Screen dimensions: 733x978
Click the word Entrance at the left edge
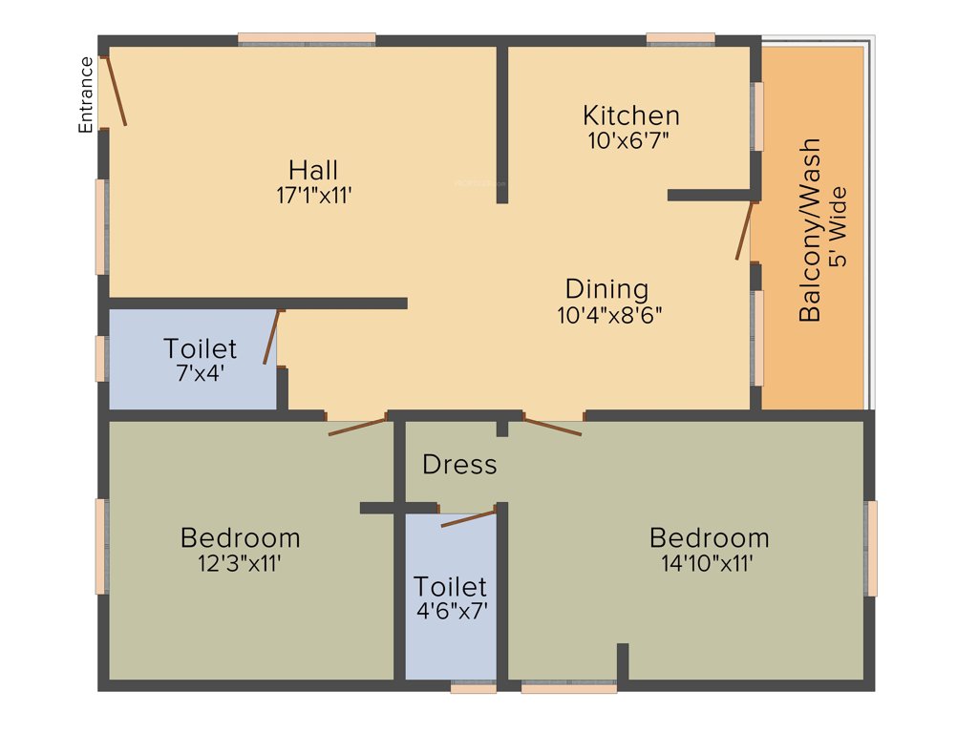coord(86,94)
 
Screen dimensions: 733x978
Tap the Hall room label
coord(313,171)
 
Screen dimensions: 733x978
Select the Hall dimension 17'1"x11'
coord(313,196)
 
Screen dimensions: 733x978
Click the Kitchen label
coord(631,115)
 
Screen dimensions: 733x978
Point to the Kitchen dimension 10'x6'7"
coord(631,140)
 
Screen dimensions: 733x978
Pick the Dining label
coord(606,288)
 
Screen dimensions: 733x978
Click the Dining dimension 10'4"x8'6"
coord(609,314)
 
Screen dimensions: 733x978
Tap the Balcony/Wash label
coord(810,230)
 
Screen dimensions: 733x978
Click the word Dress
coord(459,465)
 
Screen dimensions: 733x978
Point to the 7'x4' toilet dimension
coord(200,373)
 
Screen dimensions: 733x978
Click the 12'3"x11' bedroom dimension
coord(240,563)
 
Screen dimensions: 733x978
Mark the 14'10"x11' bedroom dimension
coord(708,563)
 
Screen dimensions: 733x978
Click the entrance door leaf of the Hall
coord(115,91)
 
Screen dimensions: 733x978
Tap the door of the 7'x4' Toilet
coord(271,337)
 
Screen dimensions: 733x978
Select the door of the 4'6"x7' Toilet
coord(469,518)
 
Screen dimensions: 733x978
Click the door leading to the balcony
coord(745,231)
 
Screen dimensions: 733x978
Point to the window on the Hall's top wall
coord(307,39)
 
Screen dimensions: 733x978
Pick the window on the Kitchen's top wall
coord(680,39)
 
